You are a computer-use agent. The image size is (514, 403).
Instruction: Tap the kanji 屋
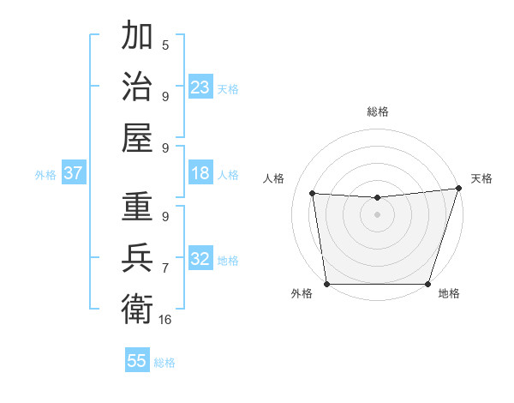coord(138,137)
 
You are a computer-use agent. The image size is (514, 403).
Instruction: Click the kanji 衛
coord(138,307)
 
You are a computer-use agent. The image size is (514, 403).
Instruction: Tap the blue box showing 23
coord(200,87)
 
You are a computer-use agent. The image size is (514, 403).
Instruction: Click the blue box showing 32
coord(200,260)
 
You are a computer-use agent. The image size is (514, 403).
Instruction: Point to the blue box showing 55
coord(137,361)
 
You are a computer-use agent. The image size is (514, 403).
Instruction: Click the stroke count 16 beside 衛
coord(165,319)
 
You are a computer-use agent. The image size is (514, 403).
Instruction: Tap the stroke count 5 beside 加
coord(165,45)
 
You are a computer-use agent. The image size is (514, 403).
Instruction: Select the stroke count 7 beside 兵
coord(165,268)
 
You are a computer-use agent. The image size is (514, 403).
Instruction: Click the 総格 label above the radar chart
coord(377,111)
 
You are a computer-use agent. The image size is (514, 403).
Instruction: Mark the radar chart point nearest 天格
coord(458,189)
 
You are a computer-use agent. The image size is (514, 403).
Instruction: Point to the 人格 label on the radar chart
coord(274,178)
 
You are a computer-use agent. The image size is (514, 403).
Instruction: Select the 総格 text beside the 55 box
coord(164,363)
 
